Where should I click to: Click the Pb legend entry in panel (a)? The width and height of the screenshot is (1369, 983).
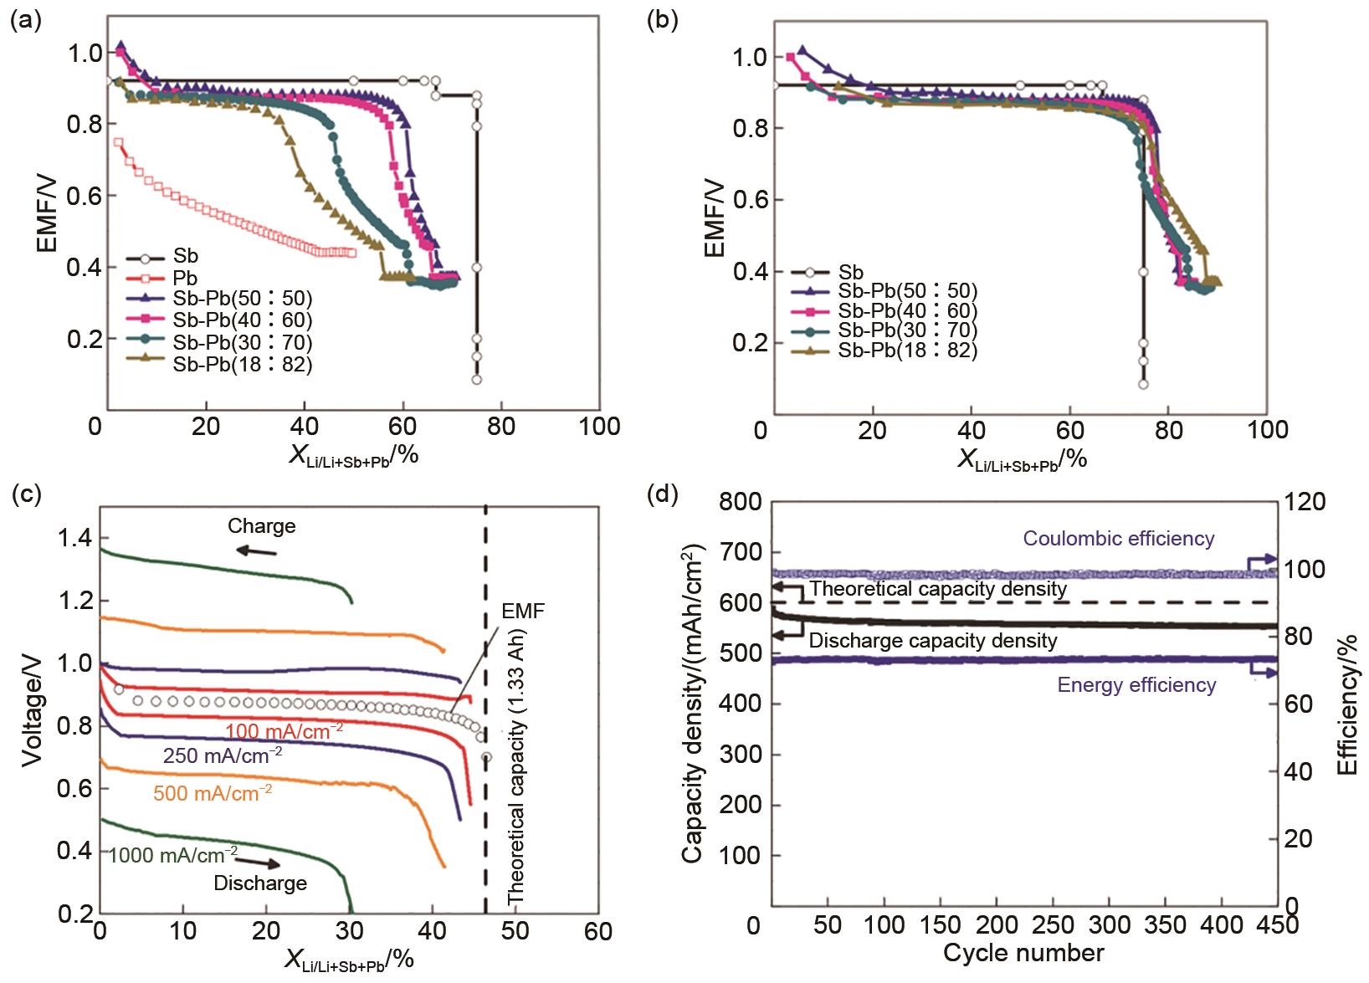click(185, 277)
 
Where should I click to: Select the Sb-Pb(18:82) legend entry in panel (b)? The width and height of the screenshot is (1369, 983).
click(908, 350)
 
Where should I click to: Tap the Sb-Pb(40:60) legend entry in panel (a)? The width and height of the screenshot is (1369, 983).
click(243, 320)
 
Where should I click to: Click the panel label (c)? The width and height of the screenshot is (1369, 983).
click(23, 494)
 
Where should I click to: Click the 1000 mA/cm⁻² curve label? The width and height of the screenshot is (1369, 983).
click(173, 854)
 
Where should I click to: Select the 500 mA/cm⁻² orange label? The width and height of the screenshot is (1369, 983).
click(213, 791)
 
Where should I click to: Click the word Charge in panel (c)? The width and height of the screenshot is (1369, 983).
click(262, 526)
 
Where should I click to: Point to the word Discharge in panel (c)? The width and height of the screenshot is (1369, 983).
click(260, 883)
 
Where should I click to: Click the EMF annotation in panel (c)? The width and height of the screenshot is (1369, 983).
click(522, 612)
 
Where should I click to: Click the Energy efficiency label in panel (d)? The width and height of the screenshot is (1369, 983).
click(1136, 685)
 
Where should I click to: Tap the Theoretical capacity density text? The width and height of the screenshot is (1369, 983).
click(938, 589)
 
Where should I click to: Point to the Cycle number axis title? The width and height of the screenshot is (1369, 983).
click(1023, 953)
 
